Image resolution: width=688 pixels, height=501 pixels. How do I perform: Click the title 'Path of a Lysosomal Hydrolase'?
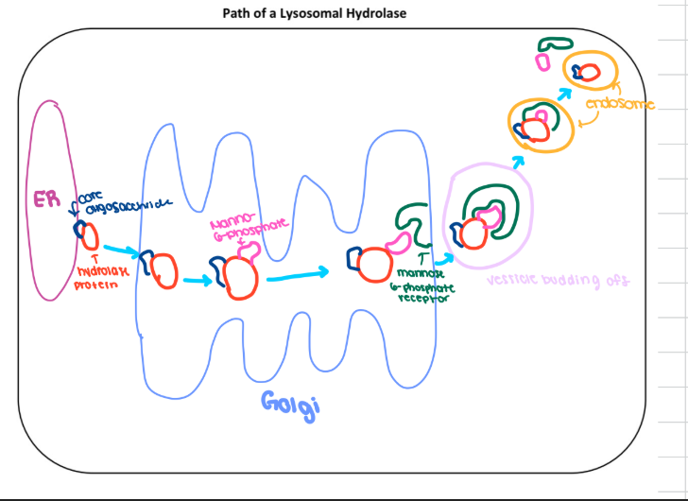coord(343,13)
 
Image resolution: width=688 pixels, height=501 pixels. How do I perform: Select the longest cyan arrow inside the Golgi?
coord(298,274)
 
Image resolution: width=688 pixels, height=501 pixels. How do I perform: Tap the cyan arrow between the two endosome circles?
coord(564,94)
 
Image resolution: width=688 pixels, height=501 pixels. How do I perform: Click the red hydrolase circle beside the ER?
coord(88,235)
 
